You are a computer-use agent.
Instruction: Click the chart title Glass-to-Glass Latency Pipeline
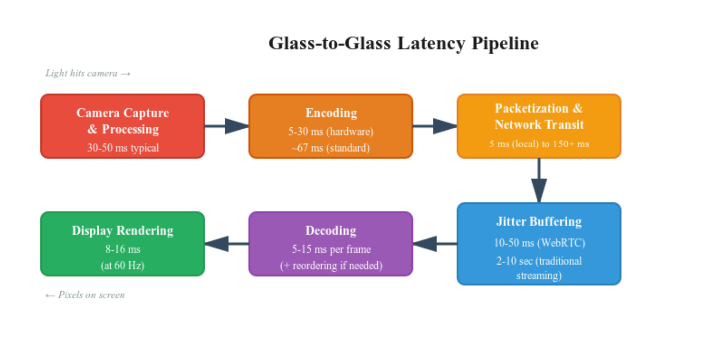tap(403, 43)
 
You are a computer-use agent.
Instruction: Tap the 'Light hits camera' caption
tap(87, 73)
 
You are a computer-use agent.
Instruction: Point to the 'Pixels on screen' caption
tap(85, 295)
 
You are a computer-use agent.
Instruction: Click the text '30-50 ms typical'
tap(123, 148)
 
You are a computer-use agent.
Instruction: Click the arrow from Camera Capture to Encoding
tap(227, 126)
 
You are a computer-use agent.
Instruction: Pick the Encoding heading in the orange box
tap(331, 113)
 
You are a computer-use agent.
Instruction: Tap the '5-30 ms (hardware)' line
tap(331, 131)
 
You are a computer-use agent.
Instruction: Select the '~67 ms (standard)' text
tap(331, 148)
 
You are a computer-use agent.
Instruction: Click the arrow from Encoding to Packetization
tap(435, 126)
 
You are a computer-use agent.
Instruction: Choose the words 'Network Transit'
tap(539, 125)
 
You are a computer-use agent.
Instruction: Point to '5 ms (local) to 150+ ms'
tap(539, 144)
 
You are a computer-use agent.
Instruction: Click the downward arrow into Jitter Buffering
tap(539, 182)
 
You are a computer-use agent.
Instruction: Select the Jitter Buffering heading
tap(539, 221)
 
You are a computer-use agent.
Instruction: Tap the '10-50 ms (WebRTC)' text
tap(539, 243)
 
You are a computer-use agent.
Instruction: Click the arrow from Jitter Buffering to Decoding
tap(435, 244)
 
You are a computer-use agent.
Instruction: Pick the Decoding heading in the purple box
tap(331, 230)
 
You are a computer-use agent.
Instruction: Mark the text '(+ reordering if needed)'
tap(331, 266)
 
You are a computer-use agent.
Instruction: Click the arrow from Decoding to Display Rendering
tap(227, 244)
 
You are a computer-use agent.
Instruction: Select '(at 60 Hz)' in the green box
tap(123, 266)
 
